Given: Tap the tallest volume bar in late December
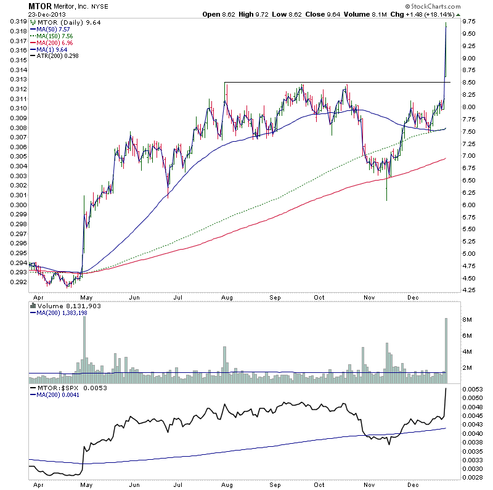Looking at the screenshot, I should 446,346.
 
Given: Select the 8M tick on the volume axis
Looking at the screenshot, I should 467,320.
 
